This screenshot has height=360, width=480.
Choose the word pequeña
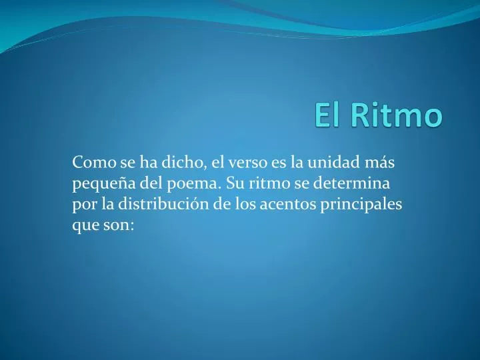coord(99,183)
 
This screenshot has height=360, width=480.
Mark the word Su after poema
coord(234,183)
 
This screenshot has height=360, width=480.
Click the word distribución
coord(167,204)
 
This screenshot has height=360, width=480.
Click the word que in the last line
coord(84,225)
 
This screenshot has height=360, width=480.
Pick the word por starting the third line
coord(83,204)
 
